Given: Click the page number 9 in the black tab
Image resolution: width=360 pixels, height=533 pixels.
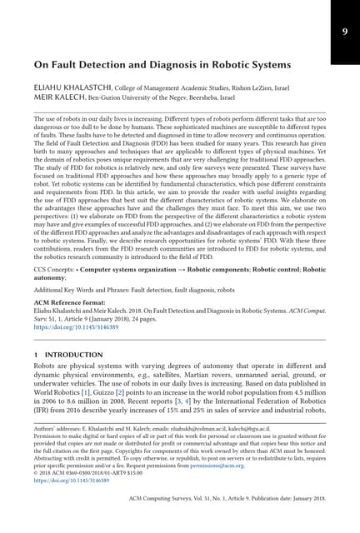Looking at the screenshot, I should coord(344,32).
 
